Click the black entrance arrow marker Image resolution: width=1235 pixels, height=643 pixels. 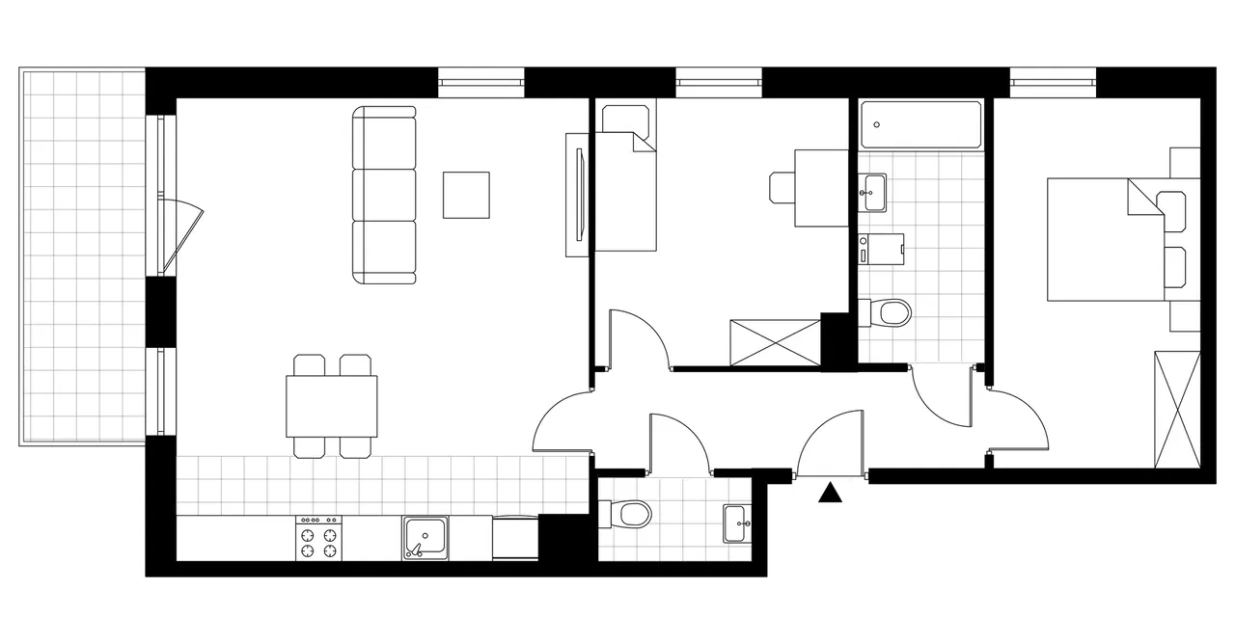[x=830, y=493]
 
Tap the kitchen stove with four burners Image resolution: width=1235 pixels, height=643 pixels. [x=319, y=538]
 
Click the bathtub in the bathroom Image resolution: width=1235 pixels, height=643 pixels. [x=920, y=125]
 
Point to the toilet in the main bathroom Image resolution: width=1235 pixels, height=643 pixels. [x=889, y=312]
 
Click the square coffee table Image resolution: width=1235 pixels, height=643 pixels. [x=466, y=195]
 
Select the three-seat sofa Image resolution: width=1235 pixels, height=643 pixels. [x=385, y=196]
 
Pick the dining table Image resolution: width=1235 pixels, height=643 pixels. [x=331, y=406]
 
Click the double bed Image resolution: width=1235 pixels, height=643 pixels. [x=1106, y=239]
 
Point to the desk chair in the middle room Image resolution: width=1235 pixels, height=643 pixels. [x=782, y=187]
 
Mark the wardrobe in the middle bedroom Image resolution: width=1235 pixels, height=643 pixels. [x=775, y=342]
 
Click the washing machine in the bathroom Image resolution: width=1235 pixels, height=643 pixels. [x=881, y=249]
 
